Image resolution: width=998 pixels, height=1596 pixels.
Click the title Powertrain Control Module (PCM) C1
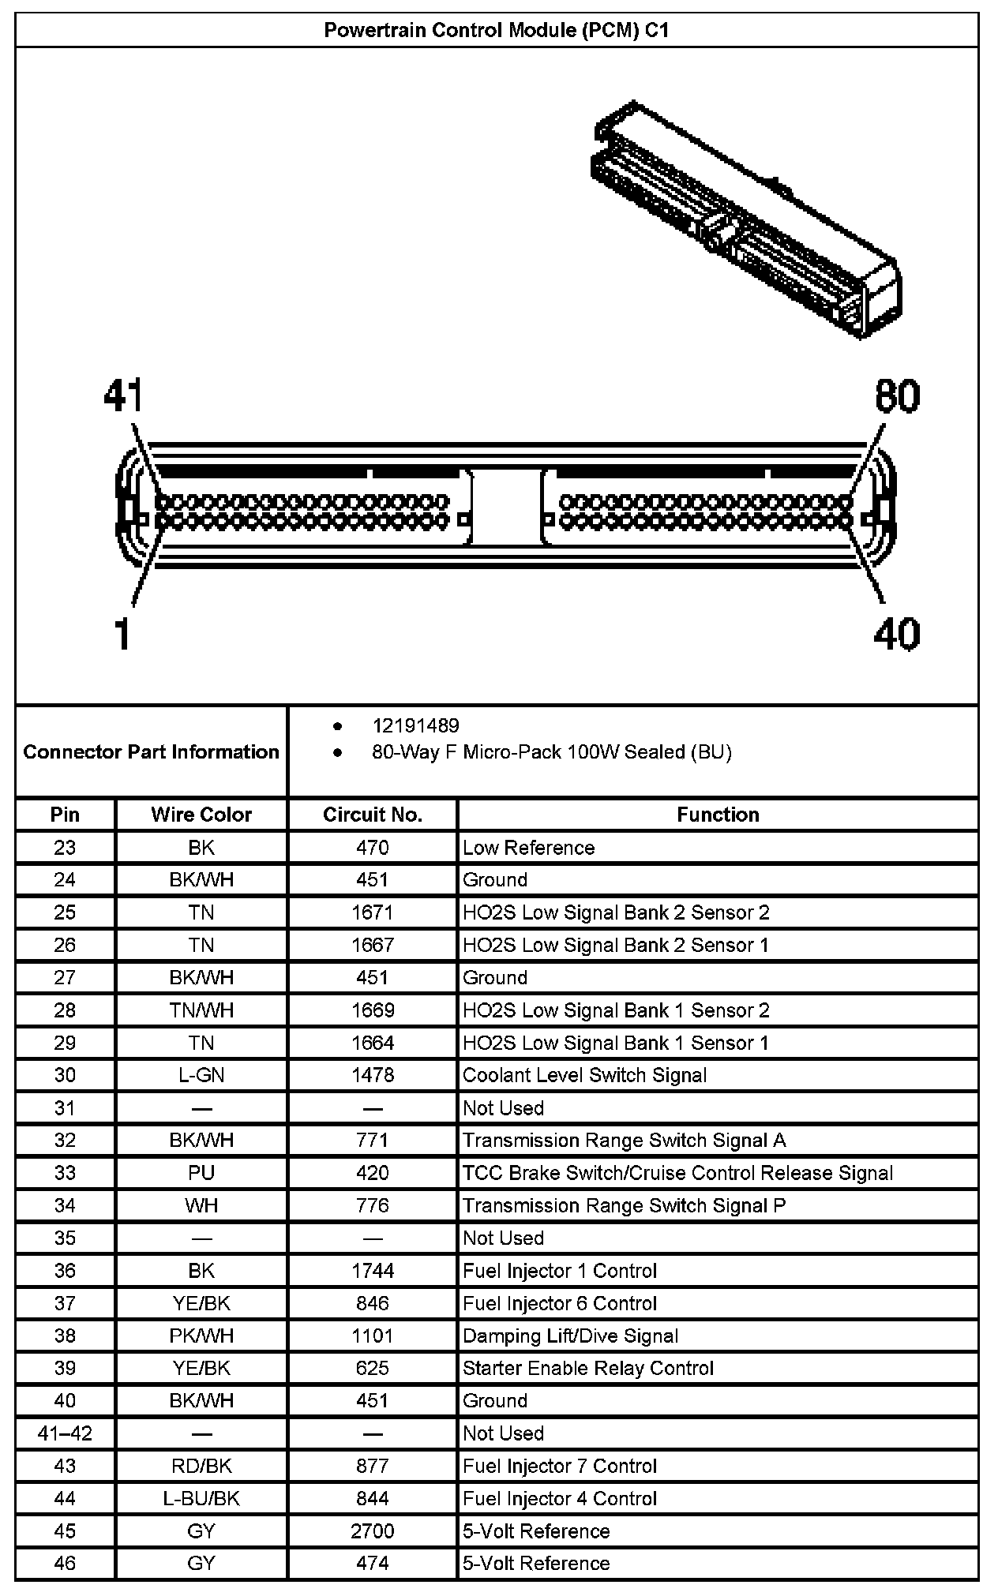(497, 30)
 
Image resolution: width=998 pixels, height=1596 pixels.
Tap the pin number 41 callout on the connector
(123, 395)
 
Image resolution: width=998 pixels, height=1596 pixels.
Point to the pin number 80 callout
(897, 395)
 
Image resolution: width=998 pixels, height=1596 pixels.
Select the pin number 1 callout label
(122, 634)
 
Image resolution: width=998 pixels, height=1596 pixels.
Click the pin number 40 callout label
(896, 634)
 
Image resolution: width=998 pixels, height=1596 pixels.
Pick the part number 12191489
(415, 725)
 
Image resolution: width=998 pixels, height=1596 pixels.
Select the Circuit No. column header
(372, 815)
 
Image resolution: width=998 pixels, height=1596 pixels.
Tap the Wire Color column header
(201, 815)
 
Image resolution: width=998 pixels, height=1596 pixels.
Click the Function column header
(718, 815)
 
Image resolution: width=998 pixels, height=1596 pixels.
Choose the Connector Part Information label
(151, 751)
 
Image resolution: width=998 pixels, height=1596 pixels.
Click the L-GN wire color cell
(201, 1075)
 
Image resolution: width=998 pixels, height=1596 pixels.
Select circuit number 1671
(372, 912)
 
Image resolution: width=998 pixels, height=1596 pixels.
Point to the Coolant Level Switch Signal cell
(584, 1075)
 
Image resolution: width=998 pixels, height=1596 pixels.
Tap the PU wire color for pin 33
(201, 1173)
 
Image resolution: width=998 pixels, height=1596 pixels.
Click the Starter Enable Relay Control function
(588, 1368)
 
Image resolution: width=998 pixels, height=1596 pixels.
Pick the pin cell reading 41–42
(65, 1433)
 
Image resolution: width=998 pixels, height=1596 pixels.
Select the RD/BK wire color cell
(201, 1466)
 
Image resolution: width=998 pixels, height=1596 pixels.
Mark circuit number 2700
(372, 1531)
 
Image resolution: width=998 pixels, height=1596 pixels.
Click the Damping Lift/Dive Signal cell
(570, 1336)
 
